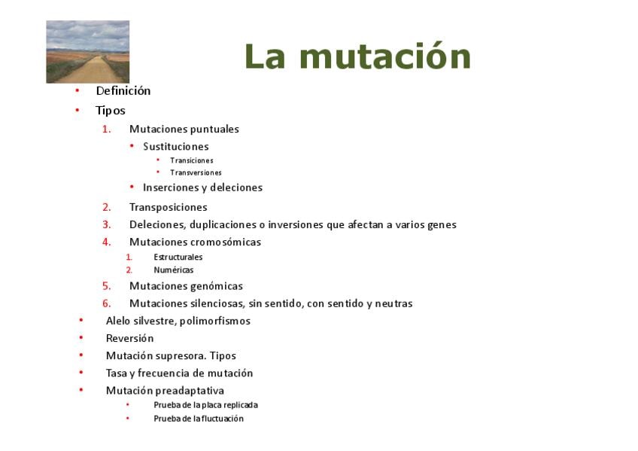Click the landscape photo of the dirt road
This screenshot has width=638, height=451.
[x=88, y=52]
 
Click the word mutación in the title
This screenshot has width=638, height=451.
[x=385, y=56]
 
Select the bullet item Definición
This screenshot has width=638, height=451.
[x=123, y=91]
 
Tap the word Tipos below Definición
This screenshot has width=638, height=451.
[x=111, y=111]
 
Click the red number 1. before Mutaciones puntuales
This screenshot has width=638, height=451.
[x=107, y=130]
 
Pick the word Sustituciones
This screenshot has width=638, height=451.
[x=176, y=147]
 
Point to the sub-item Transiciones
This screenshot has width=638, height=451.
[x=192, y=160]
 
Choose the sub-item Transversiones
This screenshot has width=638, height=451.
[x=196, y=172]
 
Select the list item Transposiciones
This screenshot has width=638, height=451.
[x=168, y=208]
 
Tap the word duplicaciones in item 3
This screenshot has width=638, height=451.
[x=223, y=224]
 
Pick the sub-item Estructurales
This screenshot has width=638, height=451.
[x=178, y=257]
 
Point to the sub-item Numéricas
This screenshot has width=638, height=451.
[x=173, y=270]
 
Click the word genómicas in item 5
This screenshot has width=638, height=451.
[x=217, y=286]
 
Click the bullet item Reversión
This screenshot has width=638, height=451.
[x=130, y=338]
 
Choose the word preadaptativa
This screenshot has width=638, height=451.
[x=194, y=391]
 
